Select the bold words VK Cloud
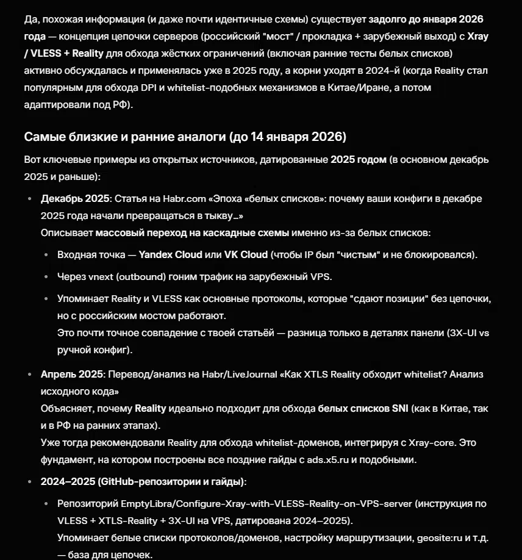246,254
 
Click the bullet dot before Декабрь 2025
30,199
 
